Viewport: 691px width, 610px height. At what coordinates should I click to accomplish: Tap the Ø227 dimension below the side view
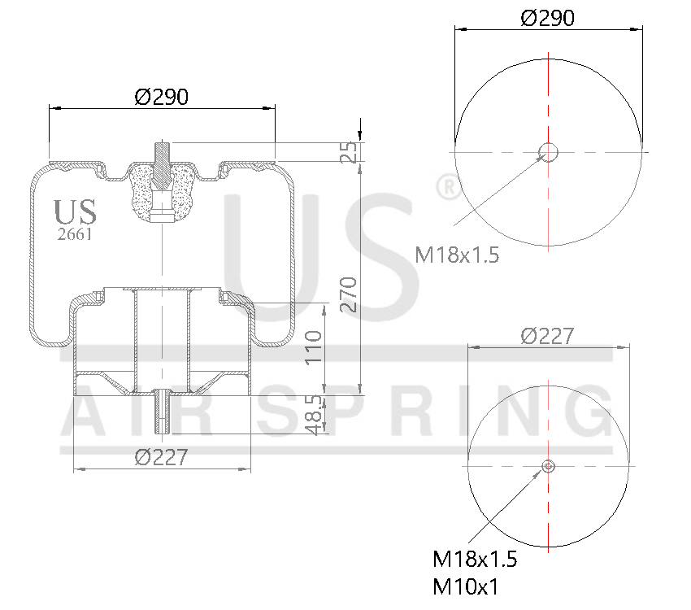coord(161,458)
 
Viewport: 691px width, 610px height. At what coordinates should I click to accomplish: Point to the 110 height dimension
coord(314,347)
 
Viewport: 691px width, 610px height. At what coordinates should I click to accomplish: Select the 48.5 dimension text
coord(314,415)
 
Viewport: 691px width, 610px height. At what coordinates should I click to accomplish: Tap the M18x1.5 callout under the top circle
coord(456,255)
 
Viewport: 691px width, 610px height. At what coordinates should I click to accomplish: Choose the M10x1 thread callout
coord(466,586)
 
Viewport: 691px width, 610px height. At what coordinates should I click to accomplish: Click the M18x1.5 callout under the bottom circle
coord(475,560)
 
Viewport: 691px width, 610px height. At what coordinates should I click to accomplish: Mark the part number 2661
coord(74,234)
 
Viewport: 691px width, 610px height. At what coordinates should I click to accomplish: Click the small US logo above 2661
coord(75,211)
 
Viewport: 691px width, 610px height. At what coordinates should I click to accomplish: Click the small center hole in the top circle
coord(549,151)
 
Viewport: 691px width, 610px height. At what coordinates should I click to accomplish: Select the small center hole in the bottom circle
coord(549,466)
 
